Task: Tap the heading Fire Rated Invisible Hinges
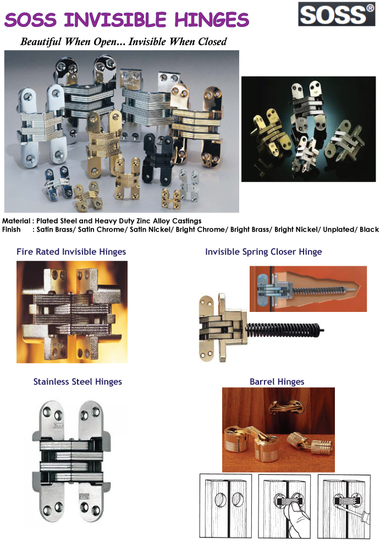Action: tap(71, 252)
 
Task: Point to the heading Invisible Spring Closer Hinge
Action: tap(263, 252)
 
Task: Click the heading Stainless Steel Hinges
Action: tap(78, 382)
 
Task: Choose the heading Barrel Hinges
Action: tap(277, 382)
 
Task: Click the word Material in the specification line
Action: tap(15, 221)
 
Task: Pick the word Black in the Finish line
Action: tap(369, 229)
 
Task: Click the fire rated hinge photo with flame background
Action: tap(72, 311)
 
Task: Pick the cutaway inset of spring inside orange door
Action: tap(307, 289)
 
